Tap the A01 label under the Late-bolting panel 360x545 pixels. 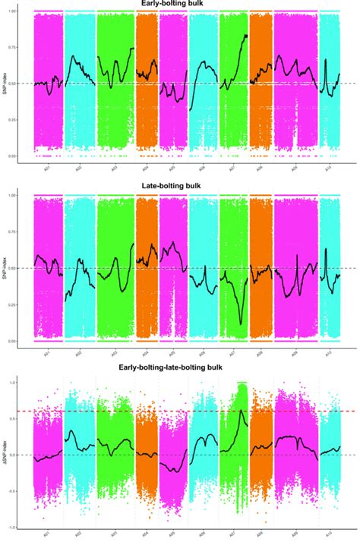pyautogui.click(x=47, y=354)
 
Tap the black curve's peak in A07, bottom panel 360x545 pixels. pyautogui.click(x=241, y=411)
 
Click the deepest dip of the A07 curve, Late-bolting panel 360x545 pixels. pyautogui.click(x=242, y=324)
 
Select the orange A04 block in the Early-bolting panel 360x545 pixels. pyautogui.click(x=146, y=83)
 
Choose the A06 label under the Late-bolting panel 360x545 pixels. pyautogui.click(x=201, y=354)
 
